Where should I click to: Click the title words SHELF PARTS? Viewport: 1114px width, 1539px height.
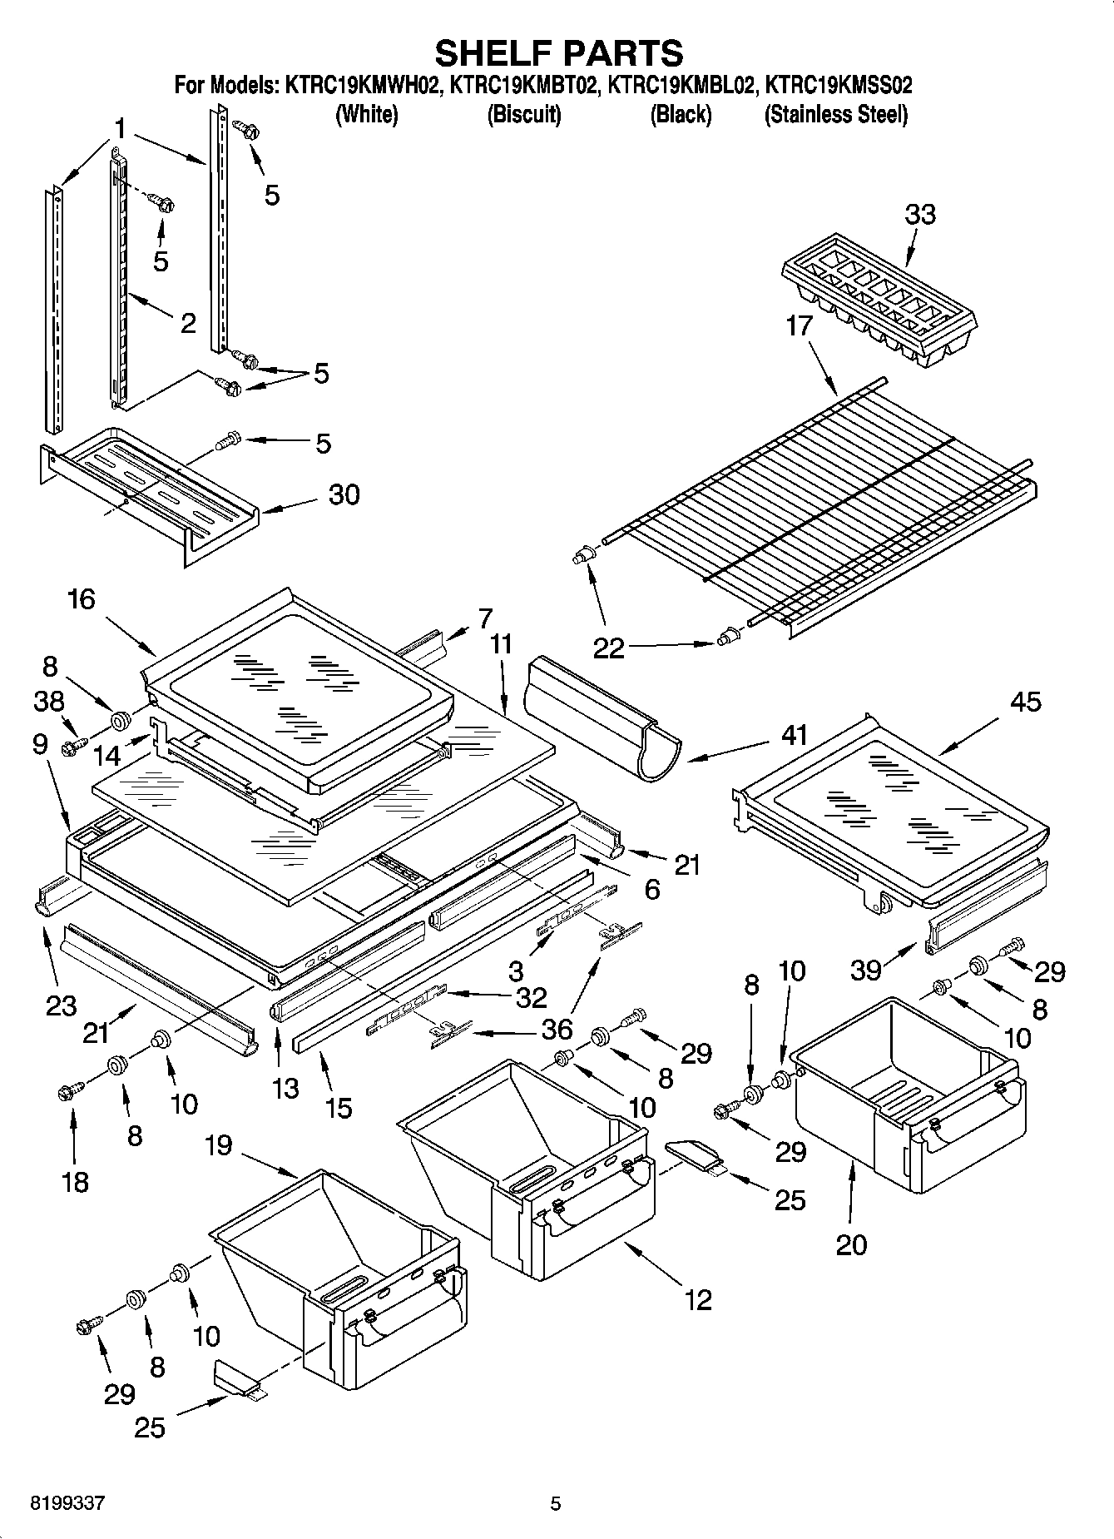[x=558, y=52]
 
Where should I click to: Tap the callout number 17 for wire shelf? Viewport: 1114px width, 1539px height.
[x=799, y=325]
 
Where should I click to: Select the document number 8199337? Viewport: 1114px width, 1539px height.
[x=67, y=1503]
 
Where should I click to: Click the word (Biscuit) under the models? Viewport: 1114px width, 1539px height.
[x=523, y=114]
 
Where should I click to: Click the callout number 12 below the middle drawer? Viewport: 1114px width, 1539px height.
[x=698, y=1299]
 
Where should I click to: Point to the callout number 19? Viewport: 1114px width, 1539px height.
[x=219, y=1146]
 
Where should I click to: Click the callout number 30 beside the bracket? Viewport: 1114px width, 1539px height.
[x=344, y=494]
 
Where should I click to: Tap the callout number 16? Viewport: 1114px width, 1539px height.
[x=82, y=598]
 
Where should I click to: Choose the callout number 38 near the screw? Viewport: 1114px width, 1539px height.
[x=49, y=702]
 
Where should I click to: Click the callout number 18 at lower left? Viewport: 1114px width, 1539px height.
[x=75, y=1181]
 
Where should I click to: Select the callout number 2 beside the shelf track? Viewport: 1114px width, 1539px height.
[x=188, y=323]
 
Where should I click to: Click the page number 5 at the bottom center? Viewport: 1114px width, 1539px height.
[x=556, y=1503]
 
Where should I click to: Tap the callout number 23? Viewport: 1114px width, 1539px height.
[x=62, y=1006]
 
